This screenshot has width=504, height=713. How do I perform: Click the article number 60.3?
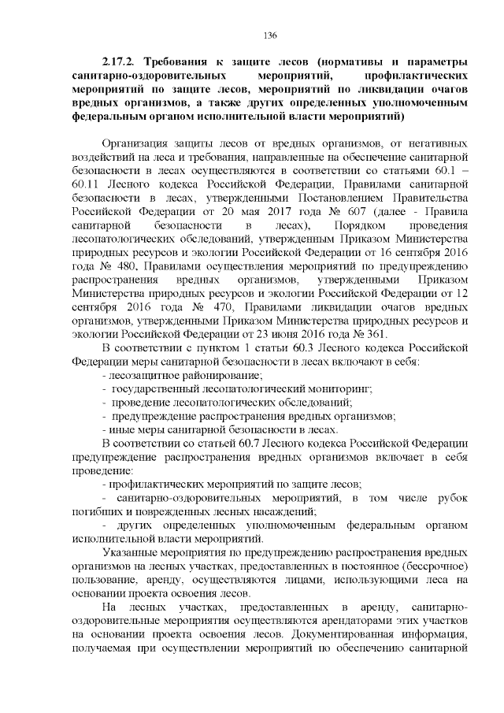tap(277, 366)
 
